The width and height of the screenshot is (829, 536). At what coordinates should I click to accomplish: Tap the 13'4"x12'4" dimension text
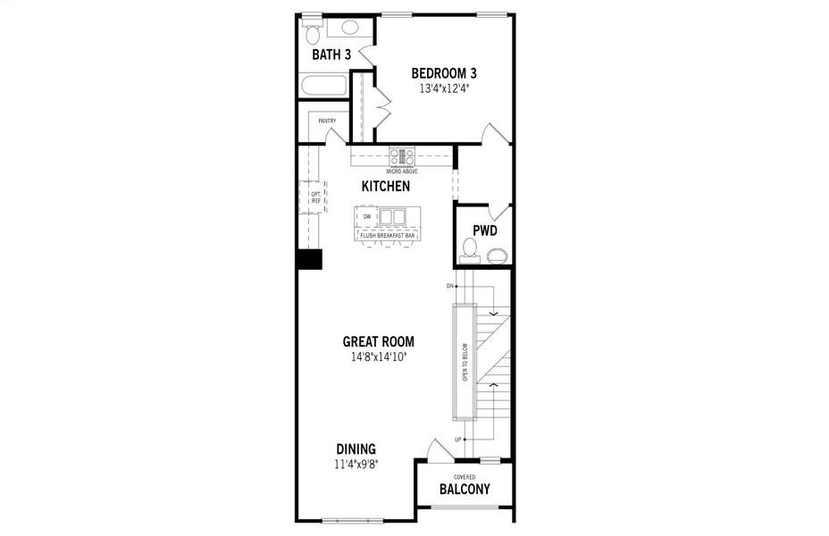[444, 88]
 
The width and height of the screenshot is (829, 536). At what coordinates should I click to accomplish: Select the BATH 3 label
[331, 55]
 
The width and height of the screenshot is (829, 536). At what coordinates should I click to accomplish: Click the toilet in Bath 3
[313, 34]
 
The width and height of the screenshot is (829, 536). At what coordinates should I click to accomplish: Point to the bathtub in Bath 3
[323, 87]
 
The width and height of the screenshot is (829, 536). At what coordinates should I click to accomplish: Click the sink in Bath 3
[349, 27]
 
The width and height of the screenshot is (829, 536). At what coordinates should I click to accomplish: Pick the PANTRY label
[326, 121]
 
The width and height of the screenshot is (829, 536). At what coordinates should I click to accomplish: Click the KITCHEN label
[386, 187]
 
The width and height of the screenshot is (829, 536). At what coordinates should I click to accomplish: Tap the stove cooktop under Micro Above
[402, 157]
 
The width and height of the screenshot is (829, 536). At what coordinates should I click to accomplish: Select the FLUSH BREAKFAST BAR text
[388, 235]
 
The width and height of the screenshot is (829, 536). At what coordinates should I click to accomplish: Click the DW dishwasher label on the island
[366, 216]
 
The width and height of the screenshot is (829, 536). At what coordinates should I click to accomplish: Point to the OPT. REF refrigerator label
[315, 197]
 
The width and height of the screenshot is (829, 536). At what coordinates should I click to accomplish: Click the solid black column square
[309, 259]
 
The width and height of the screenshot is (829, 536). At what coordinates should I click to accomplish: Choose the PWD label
[484, 230]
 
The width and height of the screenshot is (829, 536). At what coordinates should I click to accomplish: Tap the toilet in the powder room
[469, 254]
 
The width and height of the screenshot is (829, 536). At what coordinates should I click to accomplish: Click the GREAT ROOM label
[379, 341]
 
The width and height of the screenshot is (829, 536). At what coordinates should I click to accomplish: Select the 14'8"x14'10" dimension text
[379, 357]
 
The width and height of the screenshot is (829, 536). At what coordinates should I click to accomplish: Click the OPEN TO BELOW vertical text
[465, 363]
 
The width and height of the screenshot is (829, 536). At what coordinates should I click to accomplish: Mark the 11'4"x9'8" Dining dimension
[356, 465]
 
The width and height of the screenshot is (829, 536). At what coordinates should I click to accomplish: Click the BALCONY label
[465, 490]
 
